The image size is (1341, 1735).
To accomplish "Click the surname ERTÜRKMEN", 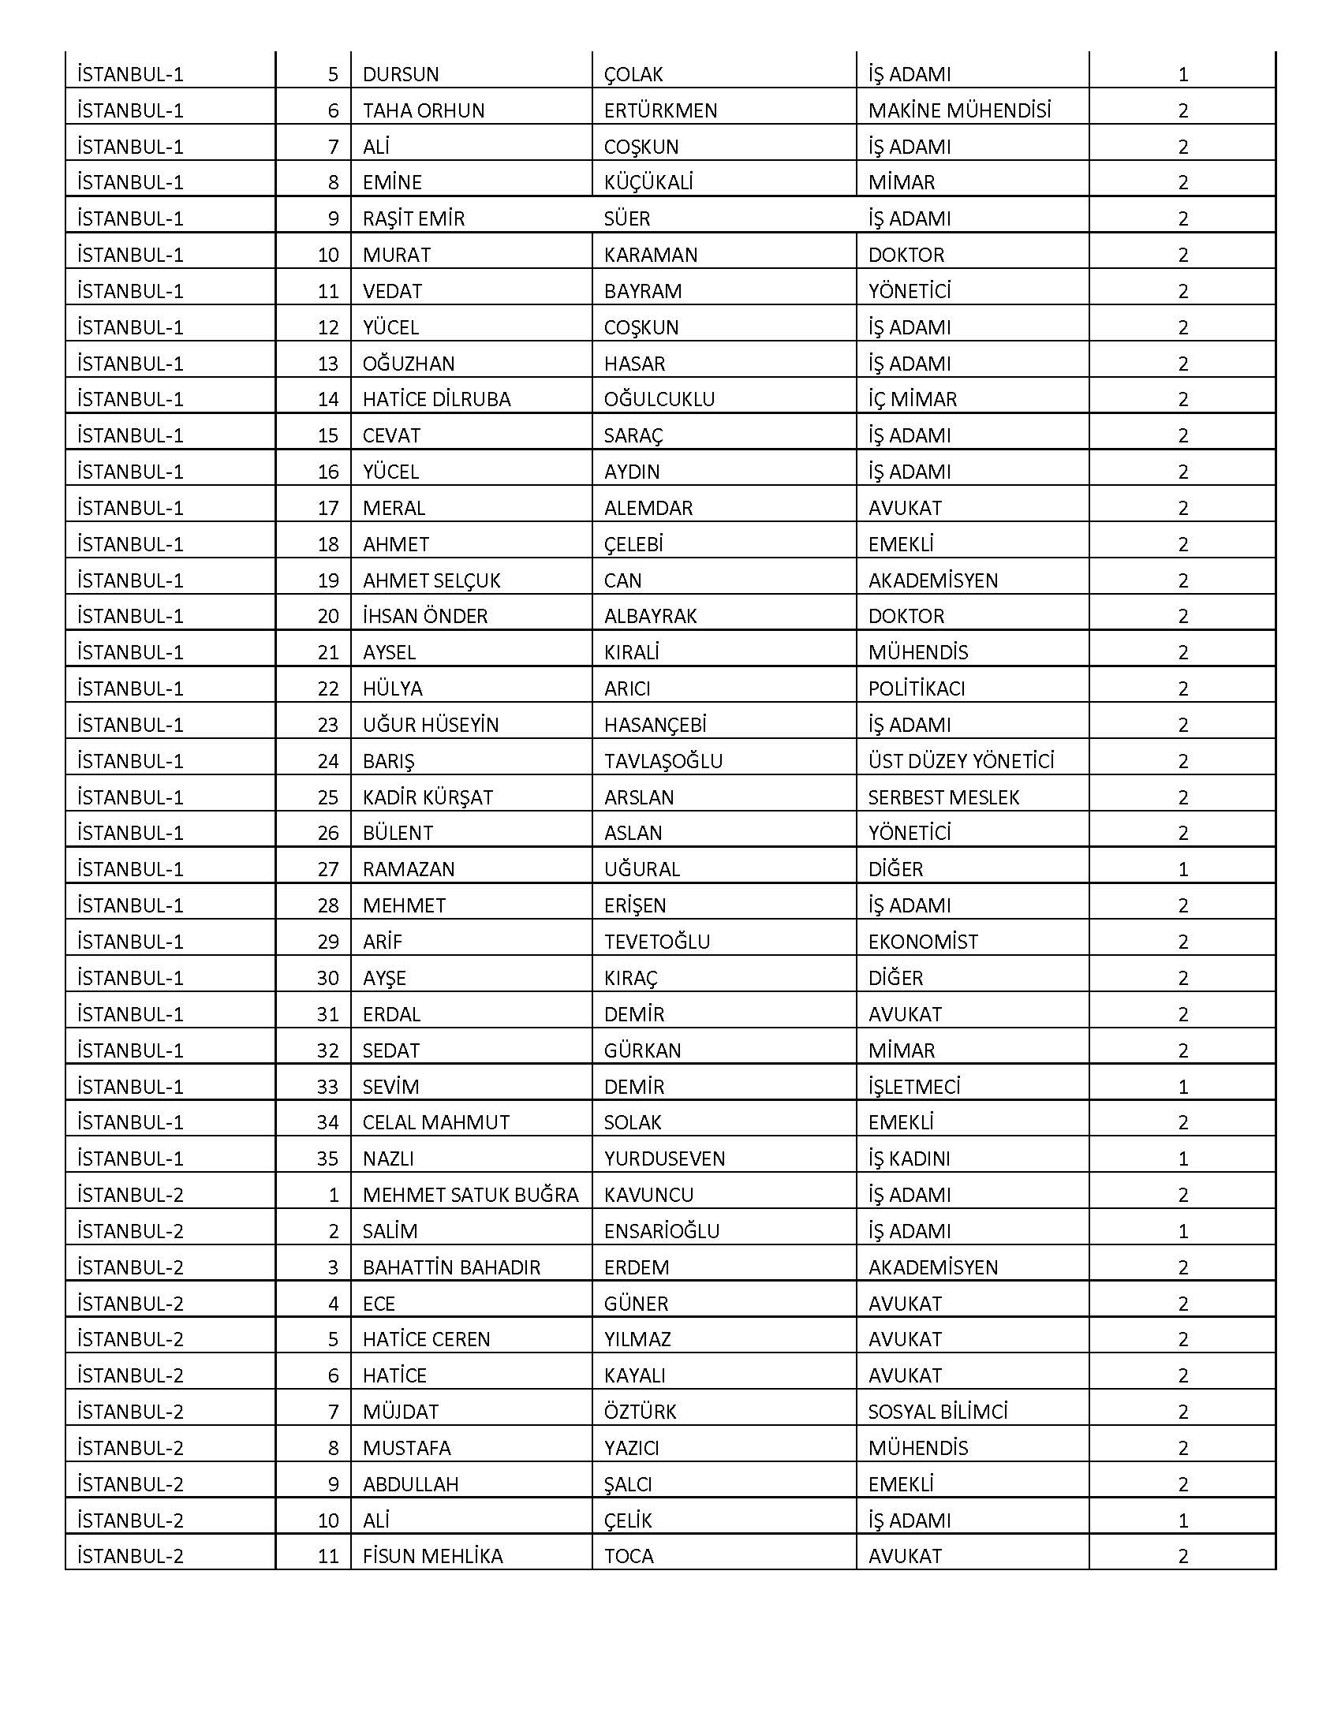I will (660, 110).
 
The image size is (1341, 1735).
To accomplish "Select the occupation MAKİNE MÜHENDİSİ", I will (959, 110).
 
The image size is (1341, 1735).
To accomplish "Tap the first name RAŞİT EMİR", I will (413, 218).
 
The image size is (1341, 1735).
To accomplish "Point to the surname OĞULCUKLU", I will (659, 399).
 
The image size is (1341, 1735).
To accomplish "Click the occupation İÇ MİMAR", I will (912, 399).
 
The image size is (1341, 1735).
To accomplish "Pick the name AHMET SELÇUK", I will (431, 580).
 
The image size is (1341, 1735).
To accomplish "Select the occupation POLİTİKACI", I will (916, 688).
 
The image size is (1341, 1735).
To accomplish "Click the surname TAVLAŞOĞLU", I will (663, 761).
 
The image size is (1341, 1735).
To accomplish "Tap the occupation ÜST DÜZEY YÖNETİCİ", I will (961, 761).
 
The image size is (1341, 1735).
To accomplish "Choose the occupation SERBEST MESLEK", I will (943, 797).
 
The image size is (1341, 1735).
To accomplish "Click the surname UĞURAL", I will (642, 869).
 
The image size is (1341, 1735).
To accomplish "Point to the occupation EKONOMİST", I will (922, 942).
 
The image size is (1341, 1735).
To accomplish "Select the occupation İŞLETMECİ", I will (913, 1086).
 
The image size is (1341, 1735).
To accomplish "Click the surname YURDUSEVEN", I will (664, 1159).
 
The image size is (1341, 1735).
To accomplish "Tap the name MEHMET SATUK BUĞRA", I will (470, 1195).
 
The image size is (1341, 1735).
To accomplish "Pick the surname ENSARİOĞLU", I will (662, 1231).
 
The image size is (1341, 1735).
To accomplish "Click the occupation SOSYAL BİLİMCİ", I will (937, 1412).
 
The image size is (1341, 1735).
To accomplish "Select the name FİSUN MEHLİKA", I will (432, 1556).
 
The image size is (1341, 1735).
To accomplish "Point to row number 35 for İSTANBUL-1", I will (327, 1159).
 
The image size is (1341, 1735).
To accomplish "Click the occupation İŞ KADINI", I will (909, 1159).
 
